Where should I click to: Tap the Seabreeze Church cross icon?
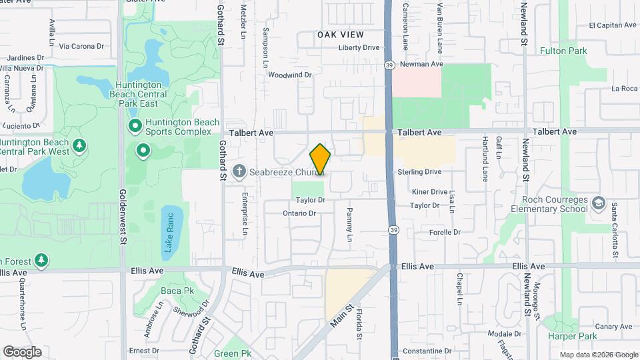tap(239, 172)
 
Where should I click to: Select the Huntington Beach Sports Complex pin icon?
tap(134, 125)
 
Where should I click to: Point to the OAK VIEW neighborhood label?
tap(340, 35)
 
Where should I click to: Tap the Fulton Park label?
tap(563, 51)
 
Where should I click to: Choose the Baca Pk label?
tap(177, 291)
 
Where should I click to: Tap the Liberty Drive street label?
tap(359, 47)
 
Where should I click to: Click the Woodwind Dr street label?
tap(290, 75)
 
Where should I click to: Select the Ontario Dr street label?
tap(299, 213)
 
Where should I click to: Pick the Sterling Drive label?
tap(420, 172)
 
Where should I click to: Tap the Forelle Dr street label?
tap(445, 232)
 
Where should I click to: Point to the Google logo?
tap(22, 352)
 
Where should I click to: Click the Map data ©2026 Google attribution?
tap(599, 355)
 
